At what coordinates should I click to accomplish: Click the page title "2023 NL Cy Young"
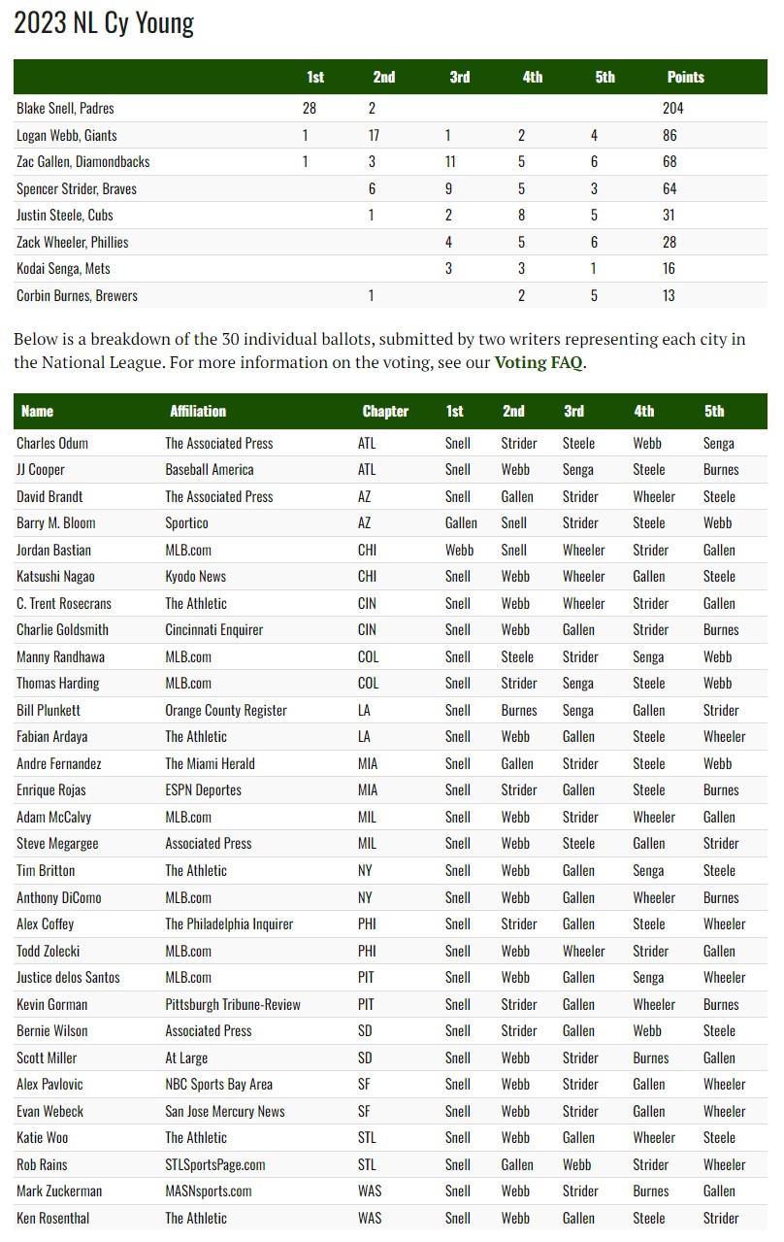click(104, 23)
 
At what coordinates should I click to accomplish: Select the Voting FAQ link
click(538, 363)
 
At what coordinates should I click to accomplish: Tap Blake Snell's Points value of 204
click(672, 109)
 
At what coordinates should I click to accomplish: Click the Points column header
click(685, 77)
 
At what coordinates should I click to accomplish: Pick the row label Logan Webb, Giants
click(67, 135)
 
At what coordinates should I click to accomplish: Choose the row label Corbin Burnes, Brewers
click(78, 295)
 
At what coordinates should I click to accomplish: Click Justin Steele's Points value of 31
click(670, 216)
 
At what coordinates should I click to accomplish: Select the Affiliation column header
click(198, 411)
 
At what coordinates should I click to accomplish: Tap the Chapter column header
click(385, 411)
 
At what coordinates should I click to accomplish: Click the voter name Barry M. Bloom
click(56, 522)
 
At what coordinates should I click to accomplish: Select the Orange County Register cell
click(226, 710)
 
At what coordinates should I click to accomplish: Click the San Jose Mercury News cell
click(225, 1111)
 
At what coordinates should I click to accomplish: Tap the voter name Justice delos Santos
click(69, 977)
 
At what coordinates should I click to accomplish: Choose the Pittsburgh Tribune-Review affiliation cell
click(233, 1004)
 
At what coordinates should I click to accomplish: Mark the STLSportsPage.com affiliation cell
click(215, 1164)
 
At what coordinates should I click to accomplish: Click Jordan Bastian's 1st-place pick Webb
click(459, 550)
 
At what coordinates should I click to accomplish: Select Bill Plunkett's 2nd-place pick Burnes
click(519, 710)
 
